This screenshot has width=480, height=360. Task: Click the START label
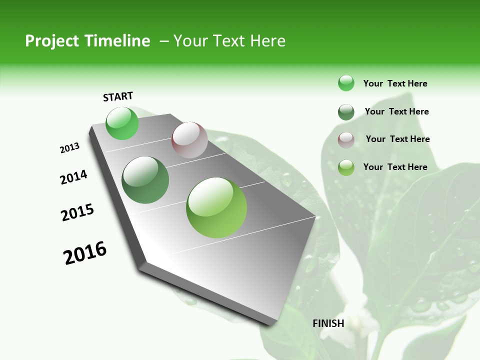[x=118, y=96]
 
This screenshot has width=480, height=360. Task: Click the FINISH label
[x=328, y=323]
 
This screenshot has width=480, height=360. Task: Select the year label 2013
[x=69, y=148]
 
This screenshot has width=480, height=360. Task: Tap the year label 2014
[x=73, y=177]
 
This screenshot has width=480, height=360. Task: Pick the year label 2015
[x=77, y=212]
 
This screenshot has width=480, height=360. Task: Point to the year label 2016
[x=85, y=253]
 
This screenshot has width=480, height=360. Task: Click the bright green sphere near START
[x=122, y=123]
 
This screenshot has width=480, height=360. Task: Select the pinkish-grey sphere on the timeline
[x=189, y=140]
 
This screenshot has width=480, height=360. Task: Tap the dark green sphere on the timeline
[x=145, y=180]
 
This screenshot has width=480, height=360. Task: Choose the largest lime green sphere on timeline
[x=216, y=207]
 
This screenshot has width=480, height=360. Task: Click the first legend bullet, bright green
[x=346, y=83]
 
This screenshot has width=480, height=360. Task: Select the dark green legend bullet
[x=346, y=112]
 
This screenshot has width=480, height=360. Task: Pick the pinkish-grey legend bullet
[x=346, y=140]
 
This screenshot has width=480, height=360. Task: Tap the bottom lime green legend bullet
[x=346, y=167]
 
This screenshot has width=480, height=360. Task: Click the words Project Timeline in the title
[x=87, y=41]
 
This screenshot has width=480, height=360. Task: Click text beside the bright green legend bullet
[x=395, y=83]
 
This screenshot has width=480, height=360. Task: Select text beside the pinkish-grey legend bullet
[x=397, y=139]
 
